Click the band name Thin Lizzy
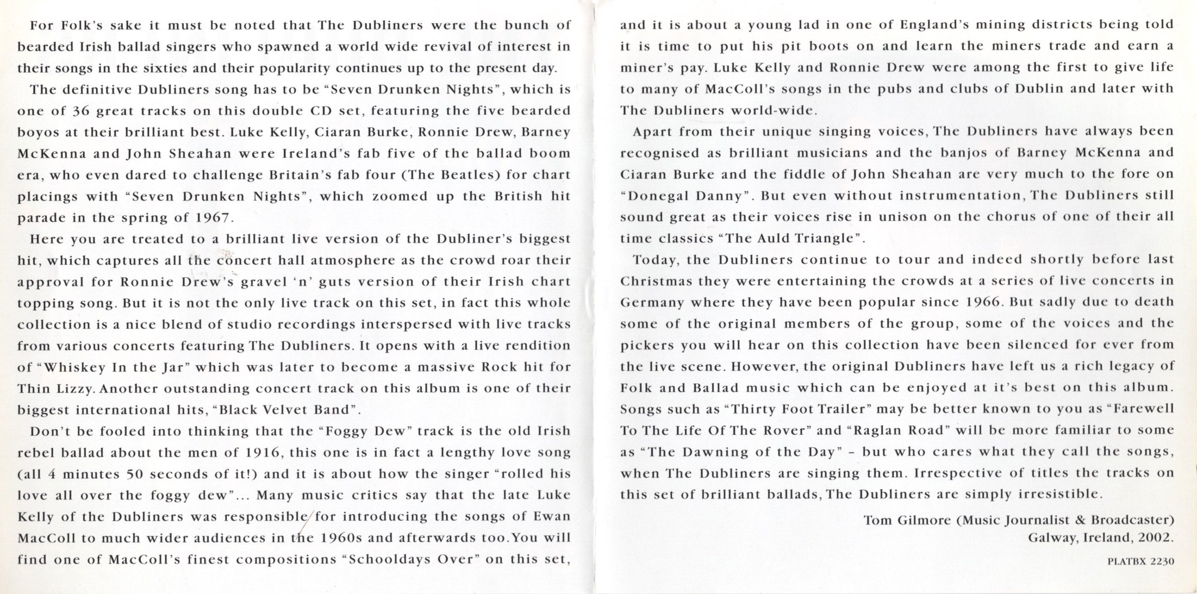(56, 389)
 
